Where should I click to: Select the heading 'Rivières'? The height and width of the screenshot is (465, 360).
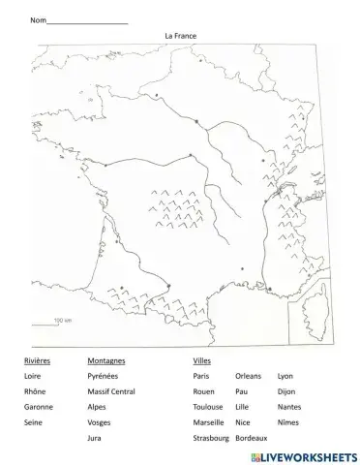(37, 360)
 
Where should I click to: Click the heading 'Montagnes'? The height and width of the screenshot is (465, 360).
(105, 360)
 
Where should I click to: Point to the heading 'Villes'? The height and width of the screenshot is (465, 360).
(201, 360)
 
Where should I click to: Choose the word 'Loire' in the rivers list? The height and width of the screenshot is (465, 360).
(33, 376)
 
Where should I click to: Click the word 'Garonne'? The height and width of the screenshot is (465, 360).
(39, 407)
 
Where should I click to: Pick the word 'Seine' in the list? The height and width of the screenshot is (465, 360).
(34, 422)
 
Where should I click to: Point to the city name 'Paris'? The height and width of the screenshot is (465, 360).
(201, 376)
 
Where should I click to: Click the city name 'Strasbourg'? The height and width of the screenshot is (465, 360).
(210, 438)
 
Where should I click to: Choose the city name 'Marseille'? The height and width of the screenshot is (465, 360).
(208, 422)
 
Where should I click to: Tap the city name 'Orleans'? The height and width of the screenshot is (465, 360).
(249, 376)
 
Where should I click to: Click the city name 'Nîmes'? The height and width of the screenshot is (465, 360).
(288, 422)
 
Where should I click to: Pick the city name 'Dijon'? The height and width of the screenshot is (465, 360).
(286, 391)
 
